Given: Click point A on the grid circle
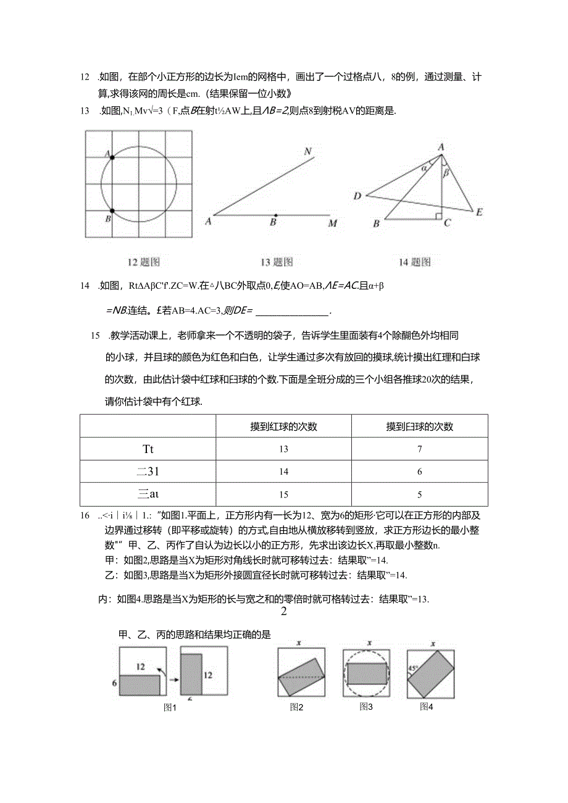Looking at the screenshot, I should (x=112, y=157).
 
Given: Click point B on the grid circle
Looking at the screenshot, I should (x=112, y=211).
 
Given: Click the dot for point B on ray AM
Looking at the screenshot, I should (x=275, y=215).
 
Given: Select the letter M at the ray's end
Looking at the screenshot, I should (x=333, y=223).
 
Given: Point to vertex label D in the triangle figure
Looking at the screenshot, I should (x=357, y=196).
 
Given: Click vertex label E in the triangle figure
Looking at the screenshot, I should (x=478, y=212).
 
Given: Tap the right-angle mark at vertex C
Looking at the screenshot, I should (x=438, y=215).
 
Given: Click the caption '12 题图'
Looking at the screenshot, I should (x=143, y=262).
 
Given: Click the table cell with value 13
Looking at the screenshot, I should (x=283, y=449).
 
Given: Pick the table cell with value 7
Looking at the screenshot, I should (x=419, y=449).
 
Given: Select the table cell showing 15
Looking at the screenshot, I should (x=283, y=494).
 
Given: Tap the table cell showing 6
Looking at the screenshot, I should (x=419, y=472).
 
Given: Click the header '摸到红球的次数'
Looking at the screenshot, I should (x=283, y=426).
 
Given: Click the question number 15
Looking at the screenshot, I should (x=94, y=336).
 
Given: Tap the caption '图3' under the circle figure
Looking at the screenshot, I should (x=366, y=707).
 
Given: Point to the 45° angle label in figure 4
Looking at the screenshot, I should (x=411, y=667).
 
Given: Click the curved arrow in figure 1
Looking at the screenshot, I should (x=162, y=670).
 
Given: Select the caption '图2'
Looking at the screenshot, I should (x=296, y=707).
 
